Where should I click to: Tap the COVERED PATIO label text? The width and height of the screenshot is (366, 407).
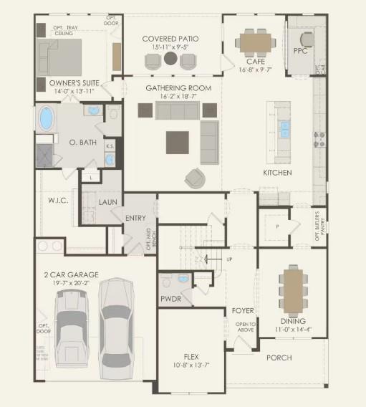pyautogui.click(x=170, y=39)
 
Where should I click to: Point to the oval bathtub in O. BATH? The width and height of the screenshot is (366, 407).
pyautogui.click(x=47, y=117)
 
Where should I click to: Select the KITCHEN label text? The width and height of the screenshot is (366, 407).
pyautogui.click(x=277, y=173)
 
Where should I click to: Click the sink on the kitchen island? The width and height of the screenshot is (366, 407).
pyautogui.click(x=284, y=129)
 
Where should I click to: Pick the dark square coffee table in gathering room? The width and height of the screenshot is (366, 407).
pyautogui.click(x=178, y=142)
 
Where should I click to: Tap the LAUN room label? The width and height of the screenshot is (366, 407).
pyautogui.click(x=108, y=203)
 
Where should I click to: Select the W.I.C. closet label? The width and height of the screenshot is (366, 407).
pyautogui.click(x=57, y=200)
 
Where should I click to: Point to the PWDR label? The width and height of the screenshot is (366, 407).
pyautogui.click(x=170, y=298)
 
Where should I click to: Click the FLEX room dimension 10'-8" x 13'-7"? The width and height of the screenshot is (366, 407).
pyautogui.click(x=191, y=365)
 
